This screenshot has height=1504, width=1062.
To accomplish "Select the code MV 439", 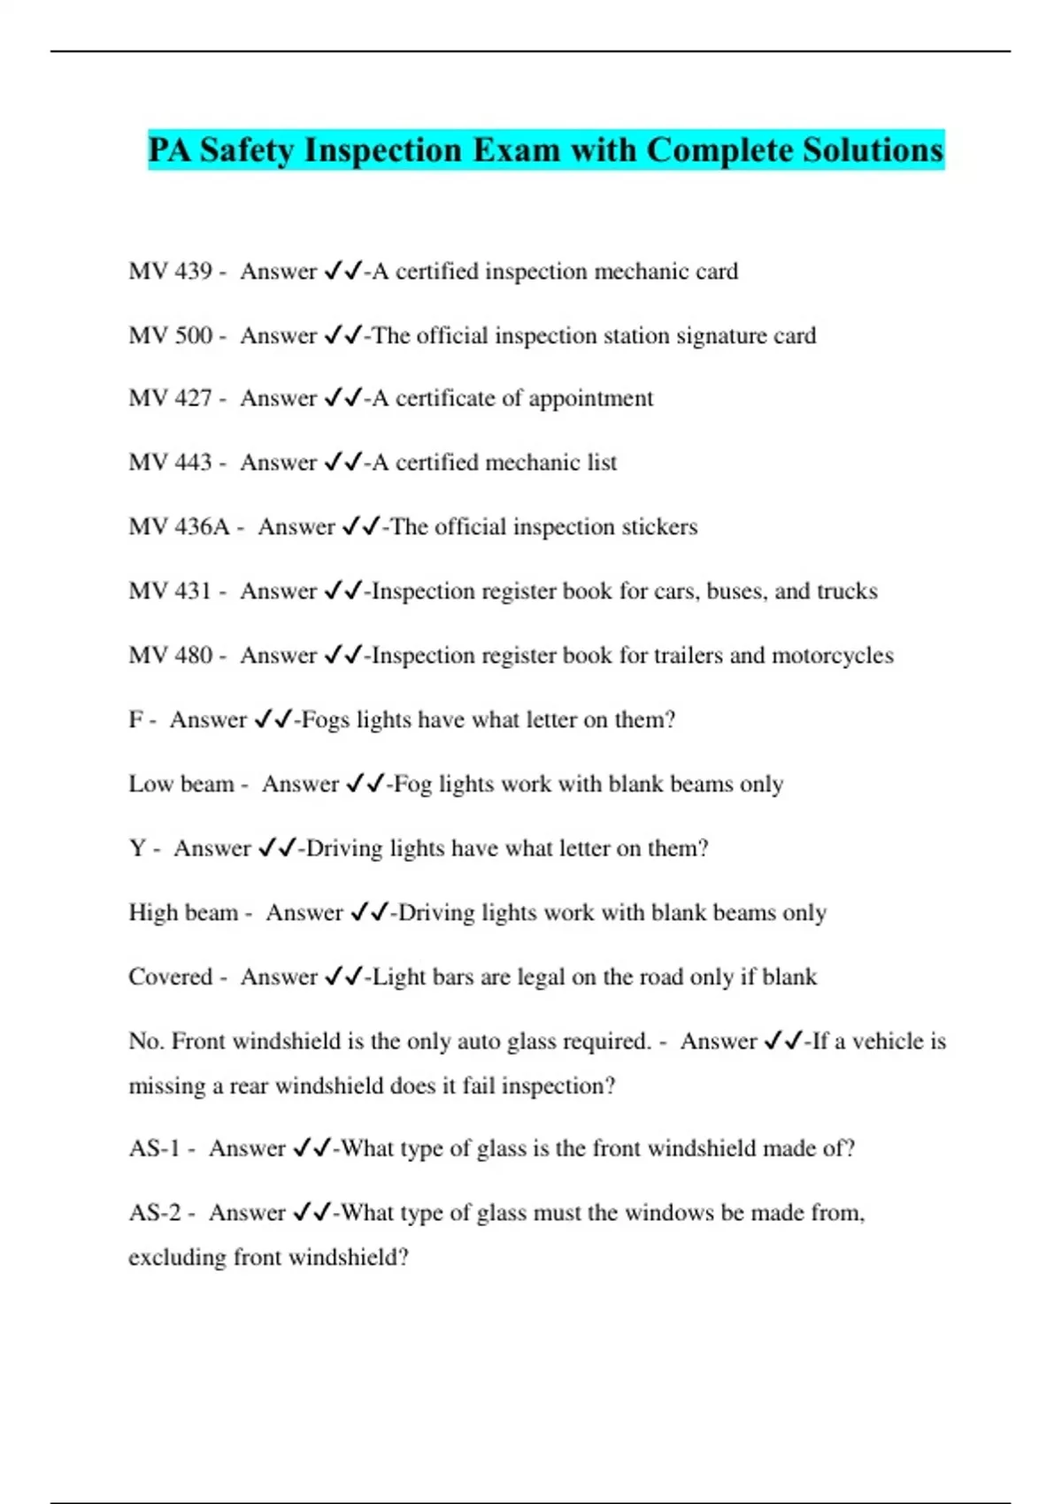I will (170, 272).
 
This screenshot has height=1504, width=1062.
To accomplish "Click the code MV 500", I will (170, 336).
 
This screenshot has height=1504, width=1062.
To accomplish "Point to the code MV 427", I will (170, 399).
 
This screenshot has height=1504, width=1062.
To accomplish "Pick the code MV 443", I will (170, 463).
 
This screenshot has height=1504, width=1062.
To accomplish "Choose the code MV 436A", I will (179, 527).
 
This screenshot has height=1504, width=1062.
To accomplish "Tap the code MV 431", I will (170, 591).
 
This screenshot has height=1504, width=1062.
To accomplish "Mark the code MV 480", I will (170, 656).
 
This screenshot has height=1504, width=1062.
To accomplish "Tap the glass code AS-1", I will (154, 1148).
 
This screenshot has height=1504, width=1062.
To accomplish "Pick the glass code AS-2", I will (155, 1213).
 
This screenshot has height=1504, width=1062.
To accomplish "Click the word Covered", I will (170, 977).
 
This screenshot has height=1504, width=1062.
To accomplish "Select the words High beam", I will (183, 913).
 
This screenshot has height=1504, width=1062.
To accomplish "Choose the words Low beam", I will (181, 785).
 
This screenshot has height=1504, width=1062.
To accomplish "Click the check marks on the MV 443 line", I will (342, 463).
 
